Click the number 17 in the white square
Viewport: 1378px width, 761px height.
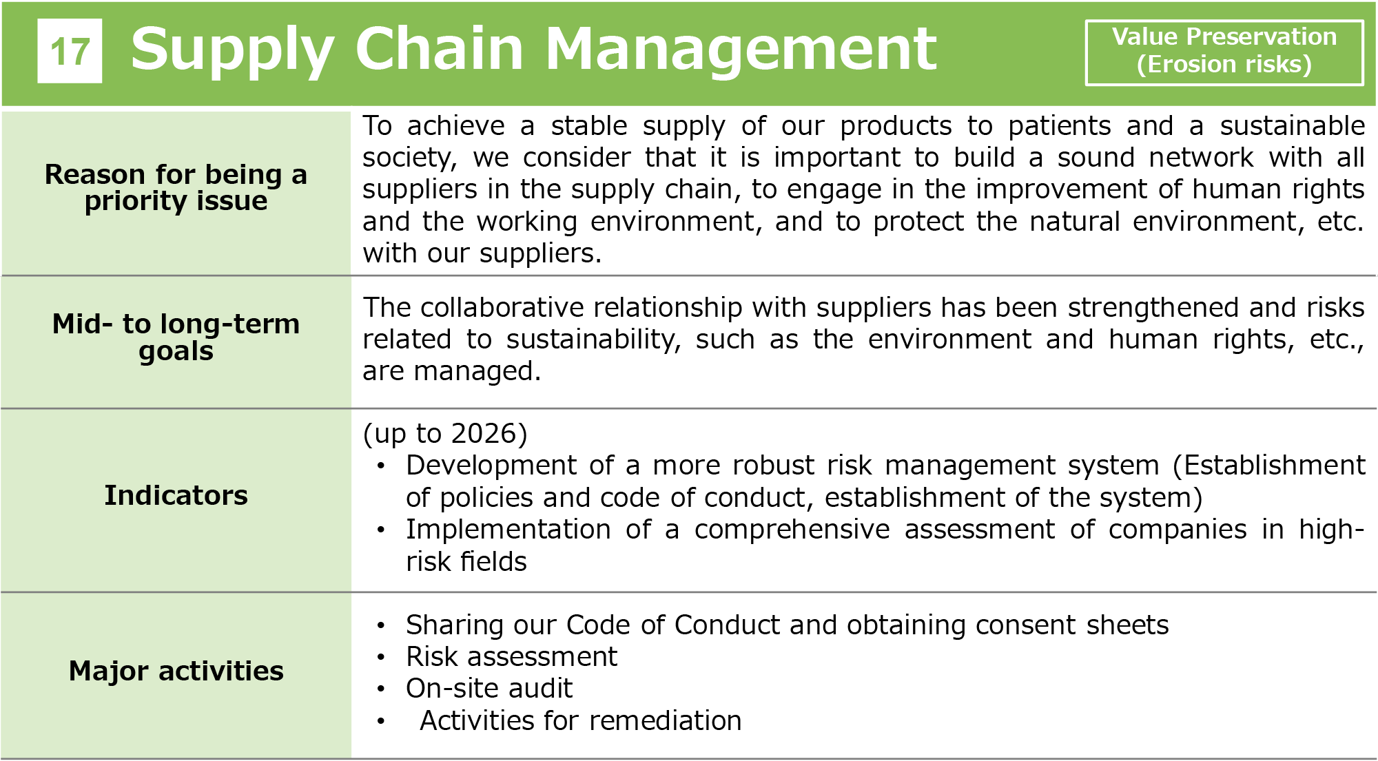tap(70, 52)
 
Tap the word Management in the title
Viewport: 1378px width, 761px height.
tap(741, 50)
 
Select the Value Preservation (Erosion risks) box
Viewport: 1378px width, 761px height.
tap(1224, 52)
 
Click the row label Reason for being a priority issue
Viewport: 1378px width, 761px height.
tap(176, 187)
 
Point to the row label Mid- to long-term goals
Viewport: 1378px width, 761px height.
tap(176, 337)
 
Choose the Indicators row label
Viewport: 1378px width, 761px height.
tap(176, 495)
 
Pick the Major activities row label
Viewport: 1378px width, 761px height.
tap(176, 671)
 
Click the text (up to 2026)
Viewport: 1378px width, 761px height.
tap(445, 433)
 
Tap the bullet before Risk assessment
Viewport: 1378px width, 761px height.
tap(381, 657)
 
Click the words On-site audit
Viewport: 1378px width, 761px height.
tap(489, 688)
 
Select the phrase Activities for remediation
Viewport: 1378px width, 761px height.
tap(580, 720)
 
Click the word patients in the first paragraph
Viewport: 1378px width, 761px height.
tap(1059, 126)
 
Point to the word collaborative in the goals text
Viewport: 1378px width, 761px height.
tap(502, 307)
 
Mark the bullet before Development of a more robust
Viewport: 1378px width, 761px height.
tap(381, 466)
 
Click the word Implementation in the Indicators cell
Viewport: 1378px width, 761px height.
tap(508, 530)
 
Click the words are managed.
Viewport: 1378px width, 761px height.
tap(451, 371)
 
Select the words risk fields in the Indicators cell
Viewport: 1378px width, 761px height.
tap(466, 561)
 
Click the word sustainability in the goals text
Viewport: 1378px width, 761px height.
tap(593, 340)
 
